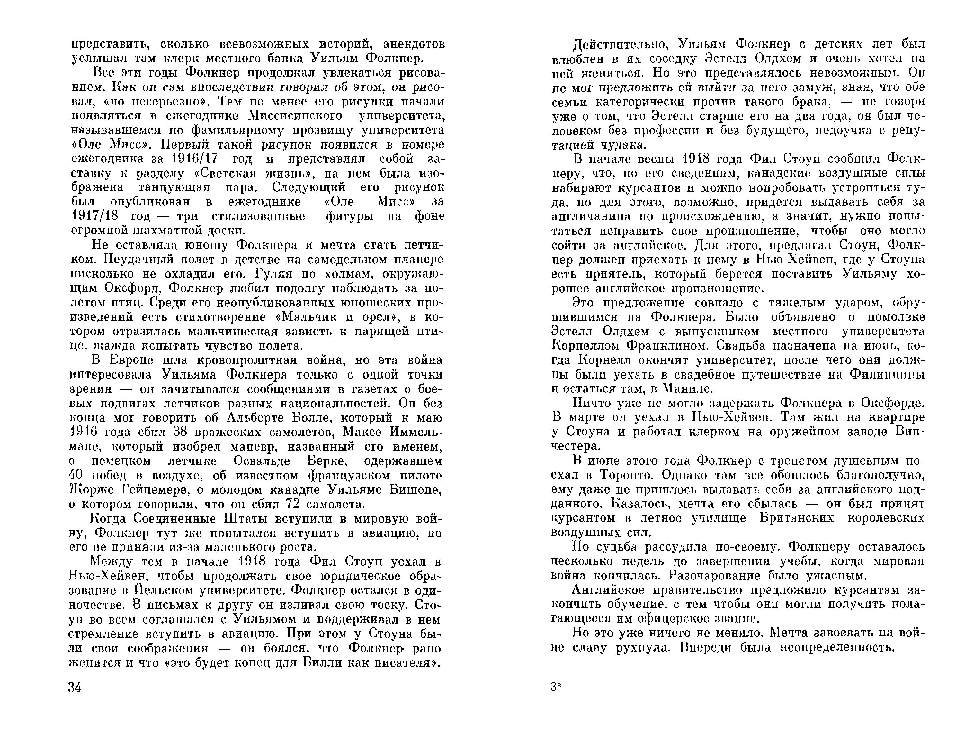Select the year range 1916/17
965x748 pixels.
pyautogui.click(x=198, y=159)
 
